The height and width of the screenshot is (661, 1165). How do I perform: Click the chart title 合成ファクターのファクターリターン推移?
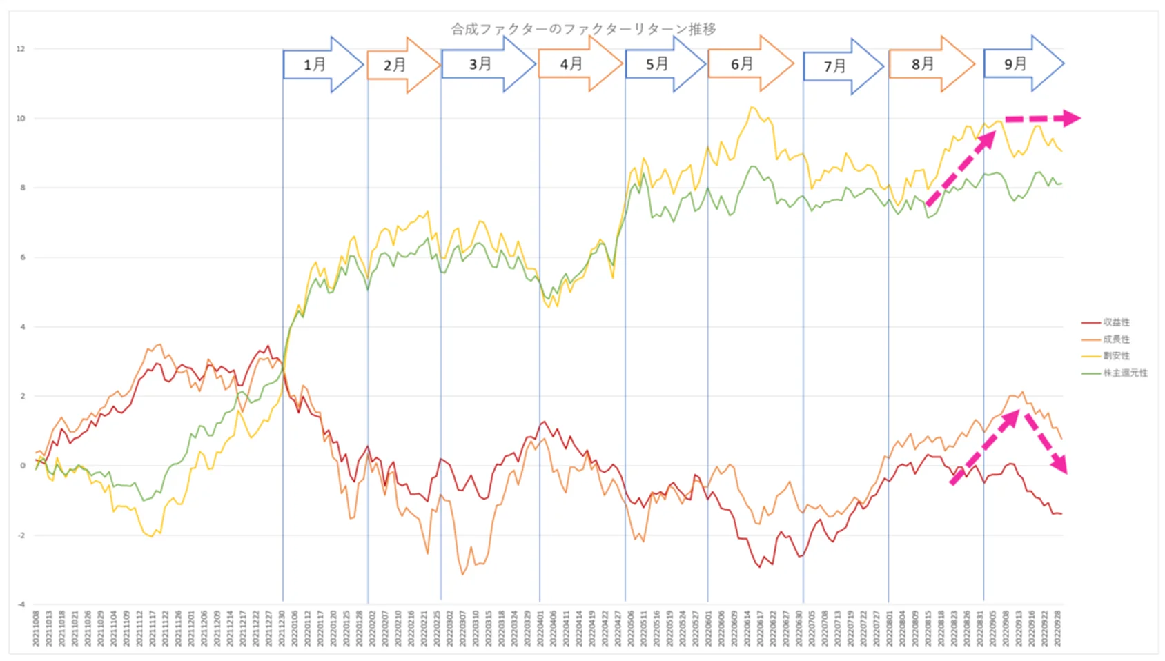tap(583, 29)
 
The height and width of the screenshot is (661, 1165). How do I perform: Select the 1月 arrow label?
tap(315, 65)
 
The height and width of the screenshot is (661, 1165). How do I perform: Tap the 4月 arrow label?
tap(571, 64)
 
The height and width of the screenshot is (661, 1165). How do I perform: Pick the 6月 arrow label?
tap(742, 64)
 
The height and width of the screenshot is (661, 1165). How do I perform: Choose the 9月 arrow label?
tap(1015, 64)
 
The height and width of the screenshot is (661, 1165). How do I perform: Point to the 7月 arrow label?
tap(834, 66)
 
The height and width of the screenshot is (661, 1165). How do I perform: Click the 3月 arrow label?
tap(480, 64)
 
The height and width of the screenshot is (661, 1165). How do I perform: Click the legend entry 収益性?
tap(1116, 322)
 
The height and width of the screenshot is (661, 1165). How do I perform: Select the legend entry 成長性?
tap(1116, 339)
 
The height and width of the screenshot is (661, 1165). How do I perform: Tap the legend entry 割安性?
tap(1116, 355)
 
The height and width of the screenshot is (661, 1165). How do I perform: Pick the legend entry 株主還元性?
tap(1125, 373)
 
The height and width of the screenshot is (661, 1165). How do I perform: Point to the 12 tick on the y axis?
tap(21, 49)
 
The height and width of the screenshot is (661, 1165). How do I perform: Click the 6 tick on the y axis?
tap(23, 257)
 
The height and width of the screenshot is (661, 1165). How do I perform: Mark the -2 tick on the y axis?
tap(21, 535)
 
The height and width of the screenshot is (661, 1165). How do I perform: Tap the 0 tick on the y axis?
tap(23, 466)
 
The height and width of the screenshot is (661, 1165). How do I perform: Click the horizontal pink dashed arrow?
tap(1042, 119)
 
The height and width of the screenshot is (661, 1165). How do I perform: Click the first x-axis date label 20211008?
tap(36, 628)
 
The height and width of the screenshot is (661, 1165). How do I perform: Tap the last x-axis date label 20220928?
tap(1058, 628)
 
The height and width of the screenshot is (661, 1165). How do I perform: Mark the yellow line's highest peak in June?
tap(753, 107)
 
